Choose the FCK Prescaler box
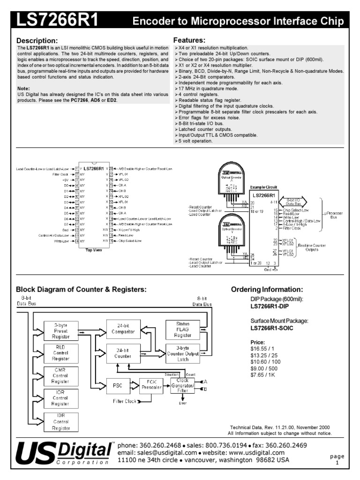tap(151, 386)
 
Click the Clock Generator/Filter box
tap(183, 386)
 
